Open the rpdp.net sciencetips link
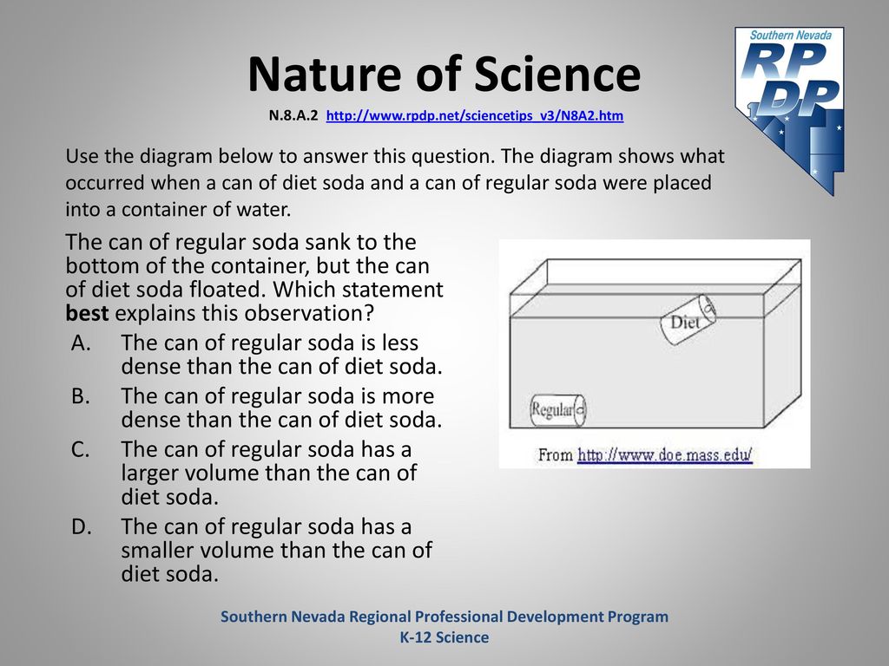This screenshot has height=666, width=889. tap(475, 115)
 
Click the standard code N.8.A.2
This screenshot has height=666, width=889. tap(293, 115)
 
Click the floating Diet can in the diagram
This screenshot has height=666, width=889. tap(688, 320)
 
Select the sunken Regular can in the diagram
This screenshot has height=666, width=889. tap(558, 409)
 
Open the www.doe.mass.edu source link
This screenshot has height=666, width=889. tap(664, 454)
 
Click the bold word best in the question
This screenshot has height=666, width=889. tap(87, 313)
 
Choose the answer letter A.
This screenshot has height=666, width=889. tap(81, 343)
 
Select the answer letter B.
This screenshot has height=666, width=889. tap(81, 396)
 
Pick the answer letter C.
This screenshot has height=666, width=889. tap(81, 450)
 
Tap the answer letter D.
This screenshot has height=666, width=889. tap(81, 526)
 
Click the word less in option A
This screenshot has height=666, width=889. tap(399, 343)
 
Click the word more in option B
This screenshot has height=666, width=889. tap(408, 397)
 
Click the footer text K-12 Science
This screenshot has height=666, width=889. tap(444, 637)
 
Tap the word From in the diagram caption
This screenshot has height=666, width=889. tap(555, 454)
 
